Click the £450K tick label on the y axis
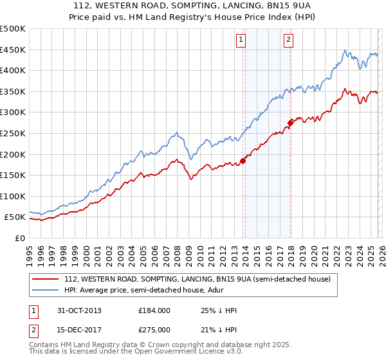13,50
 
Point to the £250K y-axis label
13,133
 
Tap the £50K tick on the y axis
15,217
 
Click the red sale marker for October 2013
243,161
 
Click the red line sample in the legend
45,279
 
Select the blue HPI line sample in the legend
45,289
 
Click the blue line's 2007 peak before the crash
176,133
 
